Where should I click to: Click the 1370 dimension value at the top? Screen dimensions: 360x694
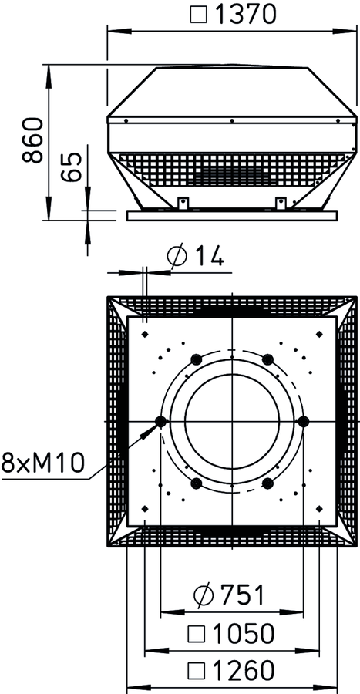pos(245,14)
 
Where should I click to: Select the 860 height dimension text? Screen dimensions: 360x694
pos(34,140)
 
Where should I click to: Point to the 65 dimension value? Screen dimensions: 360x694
pos(72,167)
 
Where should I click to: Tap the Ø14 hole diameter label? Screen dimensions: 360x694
pos(195,256)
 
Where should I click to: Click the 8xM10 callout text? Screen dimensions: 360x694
pos(43,463)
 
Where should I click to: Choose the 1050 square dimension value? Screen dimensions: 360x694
pos(231,634)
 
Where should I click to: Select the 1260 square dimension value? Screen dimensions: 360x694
pos(231,671)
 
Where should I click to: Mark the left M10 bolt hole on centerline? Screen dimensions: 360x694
pos(160,421)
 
